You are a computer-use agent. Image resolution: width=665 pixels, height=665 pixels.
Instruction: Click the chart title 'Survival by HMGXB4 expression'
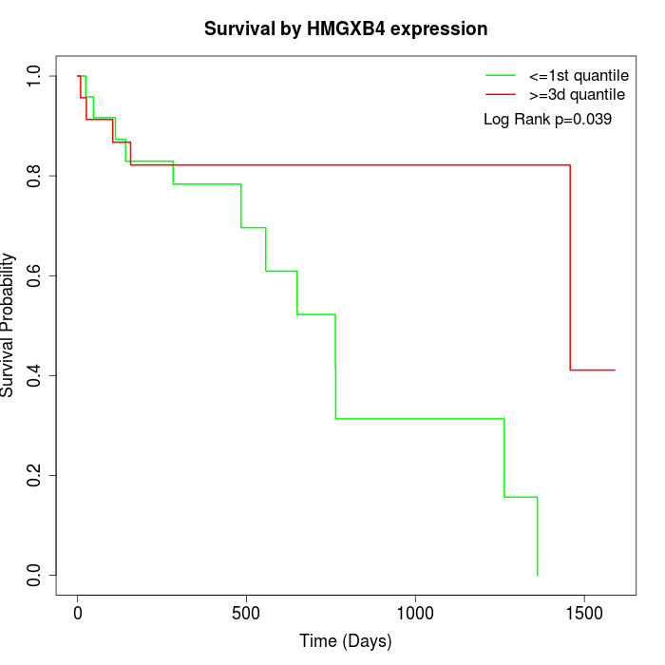pos(346,29)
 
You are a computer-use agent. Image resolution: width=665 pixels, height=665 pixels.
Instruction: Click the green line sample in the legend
pos(500,75)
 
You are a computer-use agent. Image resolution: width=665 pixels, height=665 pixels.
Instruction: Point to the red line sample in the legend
pos(500,95)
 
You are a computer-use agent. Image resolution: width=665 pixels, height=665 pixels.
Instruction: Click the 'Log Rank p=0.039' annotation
pos(547,120)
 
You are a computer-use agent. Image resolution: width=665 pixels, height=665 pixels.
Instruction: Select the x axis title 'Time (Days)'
pos(346,642)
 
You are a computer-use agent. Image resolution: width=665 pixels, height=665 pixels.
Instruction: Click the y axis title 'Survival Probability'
pos(9,325)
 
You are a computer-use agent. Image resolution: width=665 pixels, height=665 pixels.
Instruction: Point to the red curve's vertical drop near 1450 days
pos(570,266)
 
